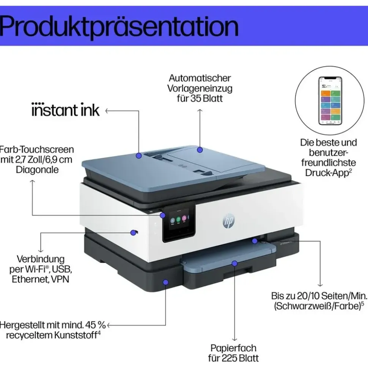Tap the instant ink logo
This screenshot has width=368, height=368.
[x=65, y=110]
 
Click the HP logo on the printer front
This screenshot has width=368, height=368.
[x=228, y=221]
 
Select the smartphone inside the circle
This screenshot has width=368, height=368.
[x=330, y=101]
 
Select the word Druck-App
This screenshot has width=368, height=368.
[x=327, y=173]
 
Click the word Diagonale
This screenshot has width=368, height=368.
[x=37, y=170]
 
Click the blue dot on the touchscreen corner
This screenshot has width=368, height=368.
[x=163, y=215]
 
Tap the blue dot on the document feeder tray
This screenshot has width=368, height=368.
[x=200, y=150]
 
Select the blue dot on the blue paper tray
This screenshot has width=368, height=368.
[x=234, y=263]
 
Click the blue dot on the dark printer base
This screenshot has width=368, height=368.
[x=166, y=282]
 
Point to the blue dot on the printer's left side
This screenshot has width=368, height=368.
[x=134, y=233]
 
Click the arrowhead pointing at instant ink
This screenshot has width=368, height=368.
[x=107, y=111]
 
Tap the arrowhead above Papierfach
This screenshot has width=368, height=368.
[x=234, y=339]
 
